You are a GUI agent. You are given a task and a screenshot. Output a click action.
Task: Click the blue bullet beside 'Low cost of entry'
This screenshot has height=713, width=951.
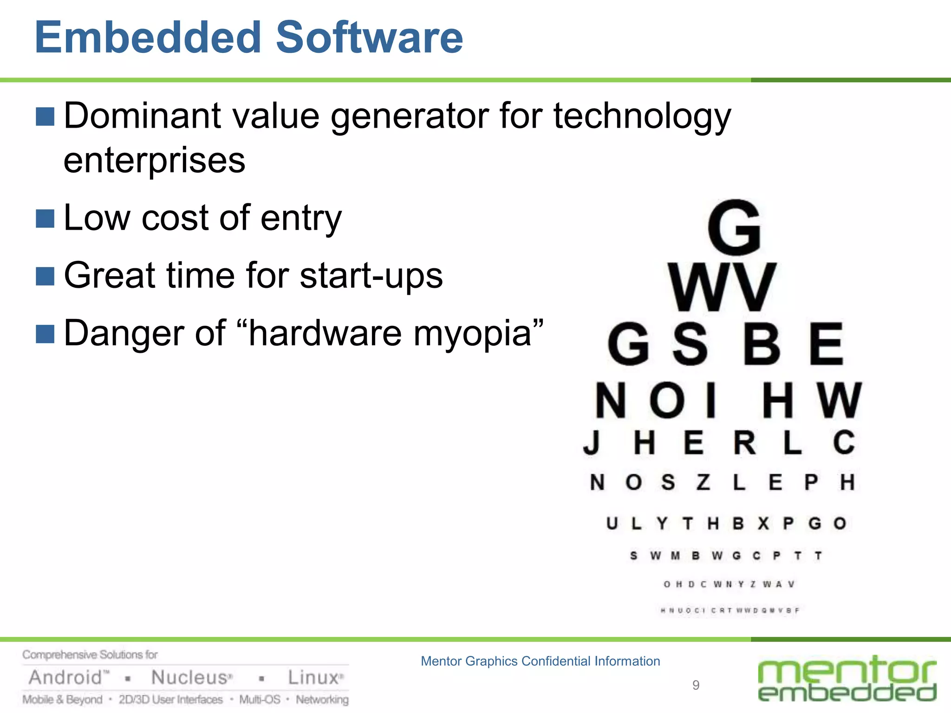pyautogui.click(x=45, y=219)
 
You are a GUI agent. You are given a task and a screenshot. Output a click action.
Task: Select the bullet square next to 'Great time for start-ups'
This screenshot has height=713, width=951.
pyautogui.click(x=45, y=276)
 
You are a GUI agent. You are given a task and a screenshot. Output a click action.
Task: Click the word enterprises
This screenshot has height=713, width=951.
pyautogui.click(x=154, y=161)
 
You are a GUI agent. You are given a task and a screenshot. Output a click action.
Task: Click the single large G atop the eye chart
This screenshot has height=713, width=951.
pyautogui.click(x=734, y=227)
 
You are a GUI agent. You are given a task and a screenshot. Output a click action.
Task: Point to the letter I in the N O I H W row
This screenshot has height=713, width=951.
pyautogui.click(x=710, y=400)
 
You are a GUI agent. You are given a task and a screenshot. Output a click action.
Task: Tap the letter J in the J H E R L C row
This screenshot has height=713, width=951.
pyautogui.click(x=592, y=442)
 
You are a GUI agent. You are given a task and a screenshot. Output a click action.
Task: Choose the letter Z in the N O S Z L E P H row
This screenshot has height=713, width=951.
pyautogui.click(x=703, y=482)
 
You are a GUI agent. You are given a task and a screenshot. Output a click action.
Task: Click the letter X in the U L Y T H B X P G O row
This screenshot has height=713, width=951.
pyautogui.click(x=763, y=524)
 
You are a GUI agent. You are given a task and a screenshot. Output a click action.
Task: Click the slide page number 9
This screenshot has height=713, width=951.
pyautogui.click(x=696, y=685)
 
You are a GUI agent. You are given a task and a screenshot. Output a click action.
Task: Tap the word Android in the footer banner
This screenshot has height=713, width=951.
pyautogui.click(x=66, y=678)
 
